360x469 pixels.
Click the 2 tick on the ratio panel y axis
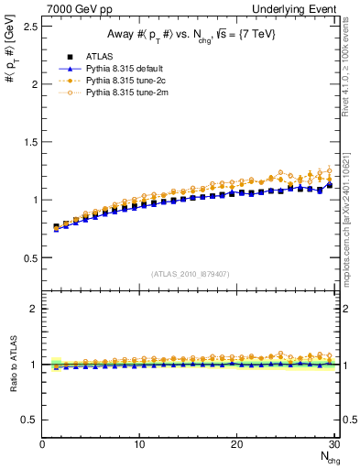click(35, 309)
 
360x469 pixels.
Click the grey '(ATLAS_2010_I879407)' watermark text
click(191, 273)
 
